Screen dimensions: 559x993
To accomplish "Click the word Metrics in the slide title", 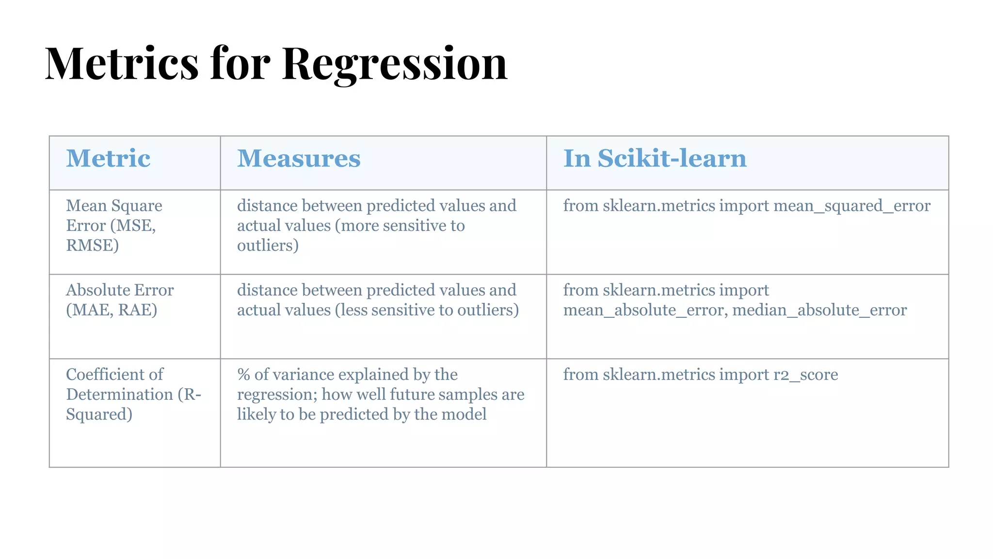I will (x=122, y=64).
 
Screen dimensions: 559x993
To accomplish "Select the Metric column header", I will (x=108, y=159).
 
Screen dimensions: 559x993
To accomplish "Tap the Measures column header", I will (x=299, y=159).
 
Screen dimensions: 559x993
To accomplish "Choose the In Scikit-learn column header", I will (x=655, y=159).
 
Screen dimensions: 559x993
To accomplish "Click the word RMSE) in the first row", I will (x=92, y=246).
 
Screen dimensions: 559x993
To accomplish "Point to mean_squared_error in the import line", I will (x=852, y=206).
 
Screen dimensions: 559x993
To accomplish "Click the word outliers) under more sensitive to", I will (x=268, y=246).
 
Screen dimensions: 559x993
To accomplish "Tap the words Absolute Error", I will (x=120, y=290).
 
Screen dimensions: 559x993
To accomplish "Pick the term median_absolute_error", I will (x=819, y=310).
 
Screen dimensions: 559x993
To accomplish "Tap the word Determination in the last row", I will (x=119, y=395).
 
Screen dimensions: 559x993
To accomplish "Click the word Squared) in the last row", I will (x=99, y=414).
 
